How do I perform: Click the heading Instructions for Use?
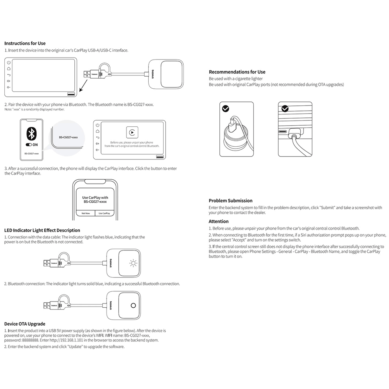point(25,44)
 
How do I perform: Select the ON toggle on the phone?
point(32,144)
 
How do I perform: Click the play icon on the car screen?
point(132,132)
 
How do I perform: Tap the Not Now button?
point(86,213)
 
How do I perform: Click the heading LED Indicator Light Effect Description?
point(42,230)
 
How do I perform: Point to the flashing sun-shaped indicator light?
point(134,263)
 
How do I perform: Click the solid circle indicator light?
point(134,306)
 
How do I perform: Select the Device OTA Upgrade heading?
point(25,324)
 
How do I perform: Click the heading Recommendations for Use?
point(237,72)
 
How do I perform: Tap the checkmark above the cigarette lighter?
point(226,109)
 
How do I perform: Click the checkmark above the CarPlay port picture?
point(285,109)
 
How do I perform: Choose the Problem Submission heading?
point(230,201)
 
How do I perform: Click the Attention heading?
point(219,221)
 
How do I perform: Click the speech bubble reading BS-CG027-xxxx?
point(68,137)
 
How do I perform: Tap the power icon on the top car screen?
point(9,62)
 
